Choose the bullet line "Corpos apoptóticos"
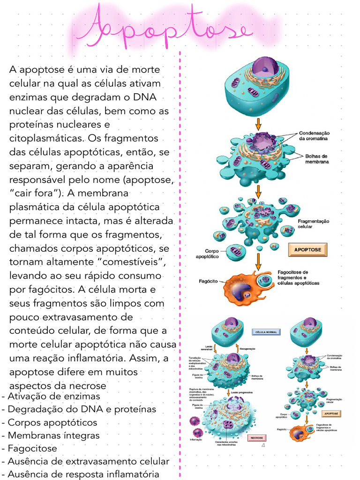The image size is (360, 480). pos(52,422)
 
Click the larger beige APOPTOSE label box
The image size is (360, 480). pos(307,250)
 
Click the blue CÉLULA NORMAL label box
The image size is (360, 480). pos(266,332)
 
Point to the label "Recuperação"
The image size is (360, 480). pos(247,349)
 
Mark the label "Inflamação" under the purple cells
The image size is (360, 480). pos(196,440)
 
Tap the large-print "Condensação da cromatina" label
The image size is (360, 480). pos(314,136)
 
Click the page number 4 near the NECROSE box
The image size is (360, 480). pos(263,445)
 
